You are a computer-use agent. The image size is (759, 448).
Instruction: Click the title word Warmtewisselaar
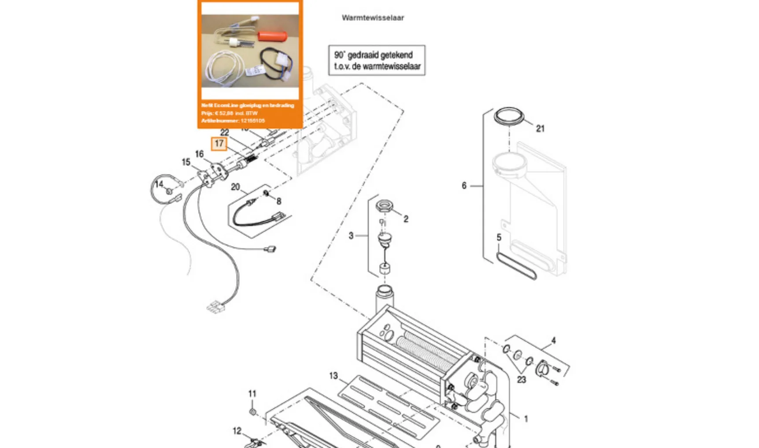point(373,18)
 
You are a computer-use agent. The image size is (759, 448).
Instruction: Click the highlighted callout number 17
point(219,144)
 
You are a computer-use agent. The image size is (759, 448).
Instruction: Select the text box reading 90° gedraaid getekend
point(377,60)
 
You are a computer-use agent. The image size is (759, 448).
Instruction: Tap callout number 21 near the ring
point(540,129)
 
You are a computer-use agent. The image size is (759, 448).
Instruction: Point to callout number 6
point(464,186)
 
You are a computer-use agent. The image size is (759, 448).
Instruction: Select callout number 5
point(499,237)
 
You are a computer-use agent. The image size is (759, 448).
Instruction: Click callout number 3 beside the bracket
point(351,235)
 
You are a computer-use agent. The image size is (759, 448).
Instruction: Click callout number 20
point(235,187)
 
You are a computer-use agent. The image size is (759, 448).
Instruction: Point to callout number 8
point(279,201)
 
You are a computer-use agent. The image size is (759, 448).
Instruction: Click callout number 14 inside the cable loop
point(159,184)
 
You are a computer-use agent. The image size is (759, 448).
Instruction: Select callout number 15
point(186,162)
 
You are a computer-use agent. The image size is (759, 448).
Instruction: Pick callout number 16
point(199,154)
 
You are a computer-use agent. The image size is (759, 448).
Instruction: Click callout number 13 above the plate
point(333,376)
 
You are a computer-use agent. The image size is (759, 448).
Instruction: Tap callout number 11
point(252,393)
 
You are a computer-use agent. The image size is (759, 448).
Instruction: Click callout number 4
point(553,340)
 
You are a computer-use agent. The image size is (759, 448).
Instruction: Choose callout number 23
point(521,379)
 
